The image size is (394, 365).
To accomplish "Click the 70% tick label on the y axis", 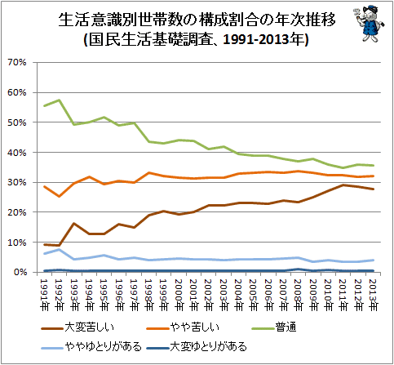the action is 17,63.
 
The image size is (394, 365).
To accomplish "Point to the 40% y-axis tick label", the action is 17,153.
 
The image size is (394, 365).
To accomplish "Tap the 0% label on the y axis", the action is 20,272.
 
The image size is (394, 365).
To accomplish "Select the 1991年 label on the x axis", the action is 44,295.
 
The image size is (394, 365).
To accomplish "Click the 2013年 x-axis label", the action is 373,295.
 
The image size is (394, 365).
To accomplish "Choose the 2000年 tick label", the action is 179,295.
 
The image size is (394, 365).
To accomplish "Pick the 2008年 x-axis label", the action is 299,295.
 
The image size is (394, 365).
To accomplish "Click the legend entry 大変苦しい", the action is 77,327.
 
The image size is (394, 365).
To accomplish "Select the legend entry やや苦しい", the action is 183,327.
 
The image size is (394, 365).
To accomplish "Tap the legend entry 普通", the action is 274,327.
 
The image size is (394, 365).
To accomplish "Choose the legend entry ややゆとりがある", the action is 91,347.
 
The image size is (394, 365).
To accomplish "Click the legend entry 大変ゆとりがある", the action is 197,347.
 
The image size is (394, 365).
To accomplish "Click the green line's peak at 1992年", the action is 60,100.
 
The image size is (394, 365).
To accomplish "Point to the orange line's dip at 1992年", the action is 60,196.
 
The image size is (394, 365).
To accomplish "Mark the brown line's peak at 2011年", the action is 343,185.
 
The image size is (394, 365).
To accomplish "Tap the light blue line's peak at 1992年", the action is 60,249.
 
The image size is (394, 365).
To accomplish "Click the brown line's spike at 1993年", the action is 74,224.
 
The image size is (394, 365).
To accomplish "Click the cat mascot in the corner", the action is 369,24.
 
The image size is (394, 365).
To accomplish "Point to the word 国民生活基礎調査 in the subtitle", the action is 150,40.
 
